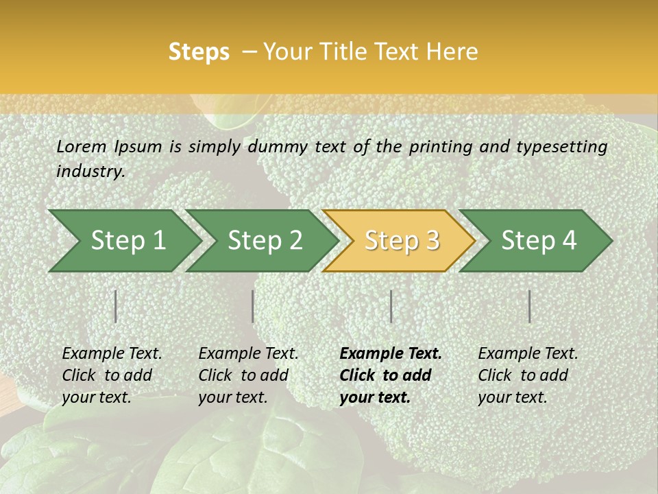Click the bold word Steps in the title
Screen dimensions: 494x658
[x=199, y=51]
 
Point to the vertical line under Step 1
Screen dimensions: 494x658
[x=116, y=306]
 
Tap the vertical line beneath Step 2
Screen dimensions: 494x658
[x=253, y=306]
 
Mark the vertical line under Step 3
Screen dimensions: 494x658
[x=391, y=306]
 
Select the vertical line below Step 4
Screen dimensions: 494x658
[x=530, y=306]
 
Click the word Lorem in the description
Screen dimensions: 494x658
[x=82, y=146]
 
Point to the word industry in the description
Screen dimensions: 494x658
[x=90, y=172]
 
